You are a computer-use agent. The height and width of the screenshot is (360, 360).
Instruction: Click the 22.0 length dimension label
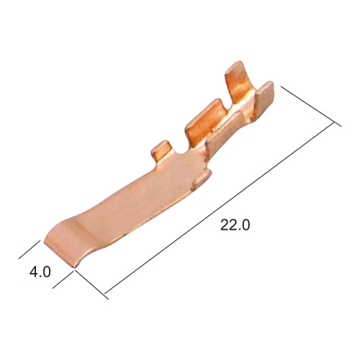[x=235, y=225]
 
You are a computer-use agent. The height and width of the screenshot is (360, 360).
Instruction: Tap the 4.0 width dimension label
[x=40, y=272]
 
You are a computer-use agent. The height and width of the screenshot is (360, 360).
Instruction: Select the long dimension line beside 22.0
[x=220, y=208]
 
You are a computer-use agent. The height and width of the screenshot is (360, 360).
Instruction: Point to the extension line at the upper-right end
[x=311, y=106]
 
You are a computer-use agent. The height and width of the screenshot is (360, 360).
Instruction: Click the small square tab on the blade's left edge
[x=161, y=149]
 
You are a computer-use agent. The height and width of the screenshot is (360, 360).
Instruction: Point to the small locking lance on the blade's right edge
[x=202, y=179]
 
